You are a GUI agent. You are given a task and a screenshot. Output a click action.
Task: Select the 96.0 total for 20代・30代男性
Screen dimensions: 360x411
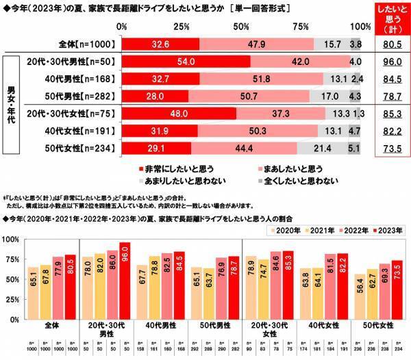click(x=391, y=61)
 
